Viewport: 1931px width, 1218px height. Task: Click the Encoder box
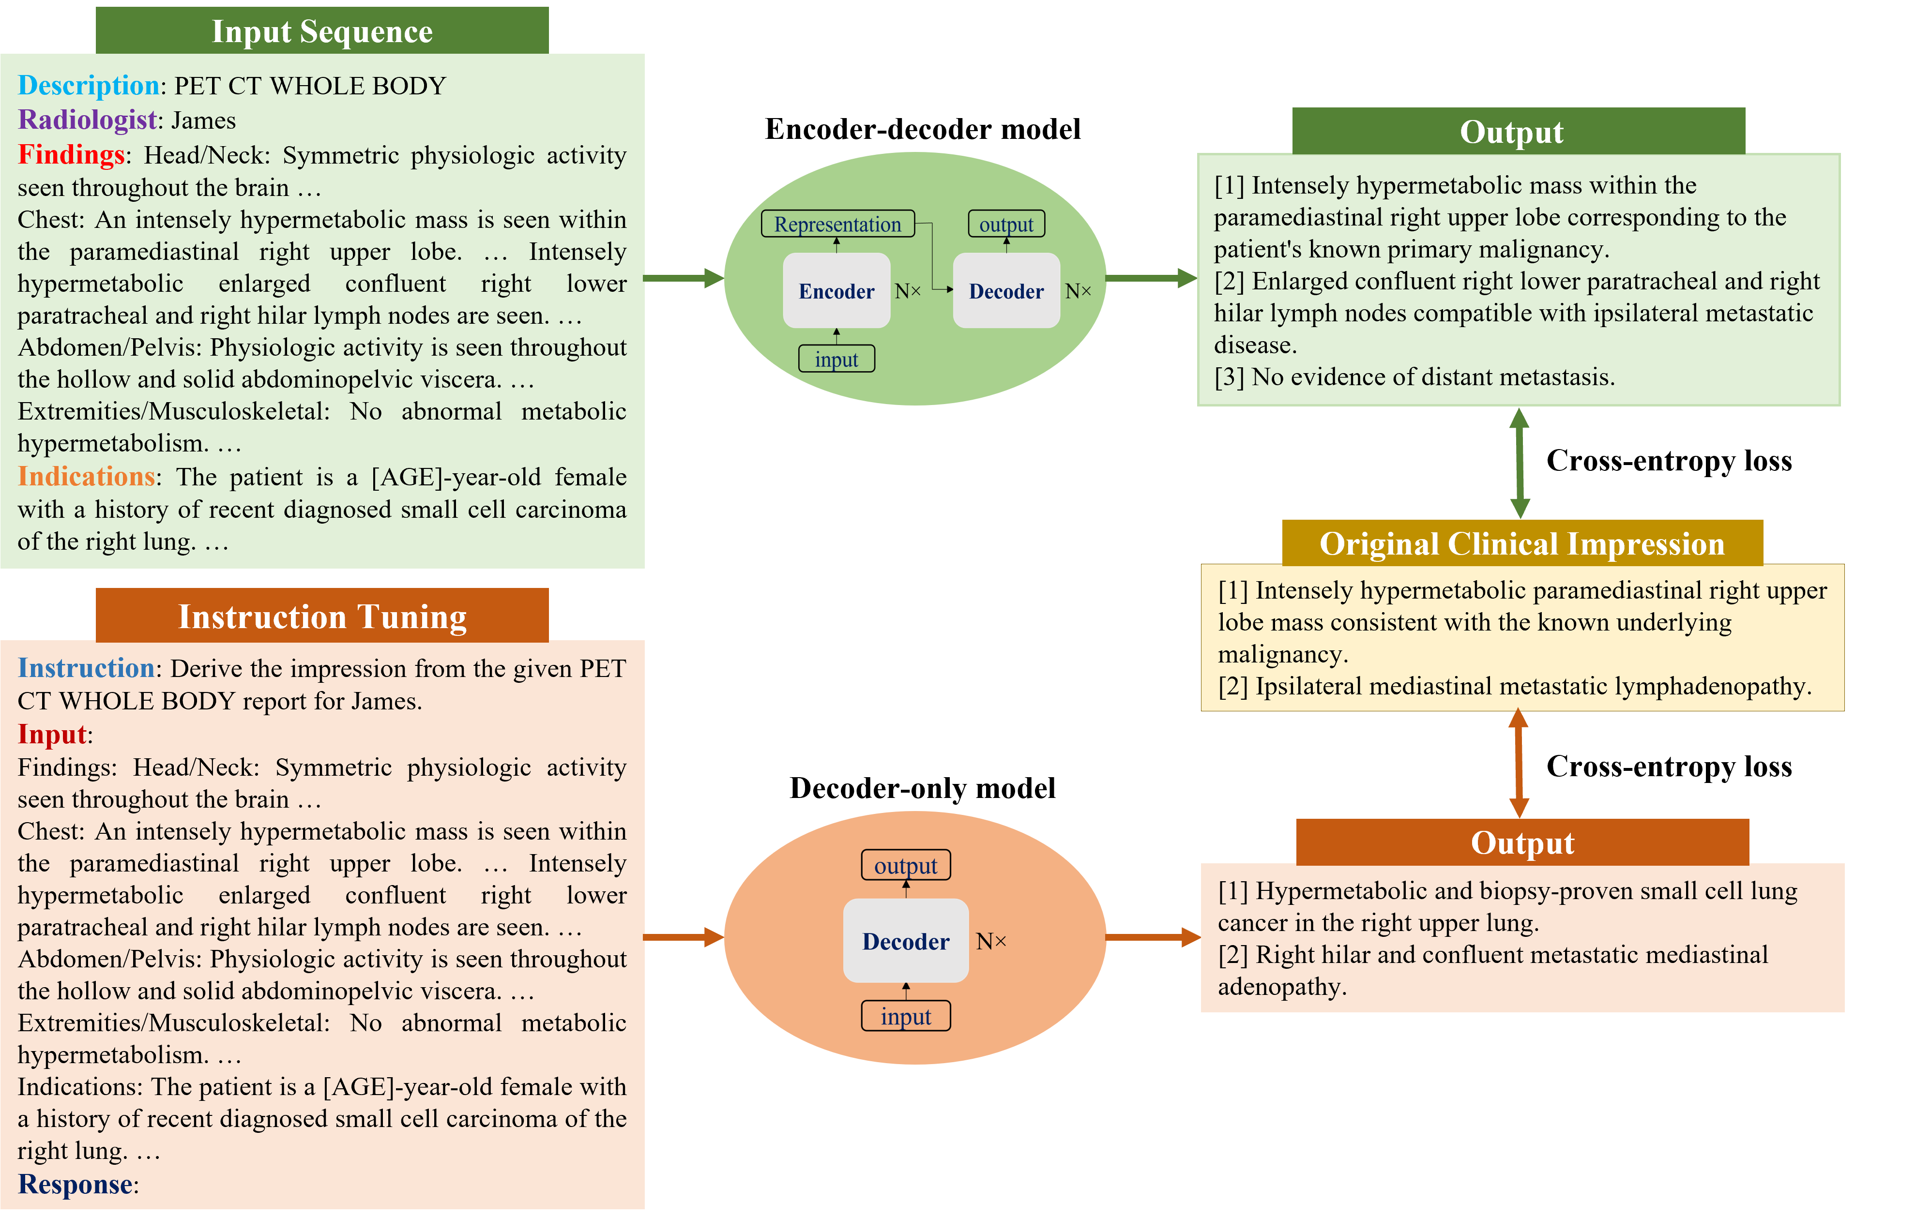[836, 290]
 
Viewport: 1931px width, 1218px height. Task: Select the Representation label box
[837, 225]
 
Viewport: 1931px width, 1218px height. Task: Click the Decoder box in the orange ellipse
[905, 941]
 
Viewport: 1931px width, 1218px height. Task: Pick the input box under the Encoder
[836, 359]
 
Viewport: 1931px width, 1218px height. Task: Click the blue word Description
[88, 85]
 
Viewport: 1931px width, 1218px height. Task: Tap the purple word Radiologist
[87, 120]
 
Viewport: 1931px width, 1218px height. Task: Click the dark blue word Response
[76, 1184]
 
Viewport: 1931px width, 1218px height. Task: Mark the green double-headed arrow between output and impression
[1519, 464]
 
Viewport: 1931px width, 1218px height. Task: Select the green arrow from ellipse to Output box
[1151, 278]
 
